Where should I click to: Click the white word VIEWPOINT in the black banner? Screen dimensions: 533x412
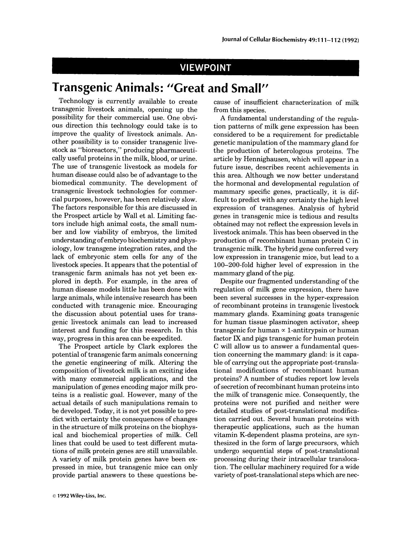(x=206, y=68)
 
